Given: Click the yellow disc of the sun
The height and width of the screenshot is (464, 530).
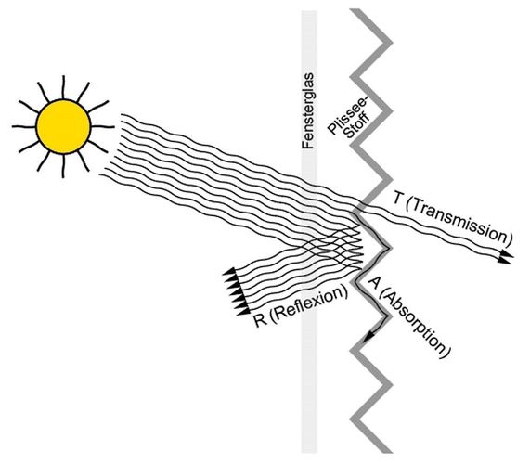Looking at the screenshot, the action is [63, 127].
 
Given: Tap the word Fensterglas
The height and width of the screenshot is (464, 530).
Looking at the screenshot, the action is [308, 110].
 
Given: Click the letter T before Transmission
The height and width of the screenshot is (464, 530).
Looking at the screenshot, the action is [398, 199].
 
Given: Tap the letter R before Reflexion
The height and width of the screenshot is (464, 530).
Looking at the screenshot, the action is [260, 320].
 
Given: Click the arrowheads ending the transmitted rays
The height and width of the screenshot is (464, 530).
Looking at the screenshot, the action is [506, 257].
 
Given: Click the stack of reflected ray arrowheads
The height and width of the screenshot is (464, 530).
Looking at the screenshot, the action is [235, 291].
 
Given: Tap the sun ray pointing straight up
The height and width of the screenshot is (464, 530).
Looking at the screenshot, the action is [63, 87].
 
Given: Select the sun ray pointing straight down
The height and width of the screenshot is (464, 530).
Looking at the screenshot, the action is [63, 166].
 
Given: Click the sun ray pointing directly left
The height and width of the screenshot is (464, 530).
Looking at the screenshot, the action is [24, 127].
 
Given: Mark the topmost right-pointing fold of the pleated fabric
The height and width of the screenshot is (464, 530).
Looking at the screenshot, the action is [390, 43].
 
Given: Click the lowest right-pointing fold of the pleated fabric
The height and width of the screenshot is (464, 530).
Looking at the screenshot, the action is [390, 385].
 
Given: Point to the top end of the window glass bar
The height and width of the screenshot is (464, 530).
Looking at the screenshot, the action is [309, 11].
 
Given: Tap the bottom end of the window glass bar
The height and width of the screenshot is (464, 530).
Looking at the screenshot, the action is [309, 452].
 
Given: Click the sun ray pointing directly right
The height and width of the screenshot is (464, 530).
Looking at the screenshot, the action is [103, 127].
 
